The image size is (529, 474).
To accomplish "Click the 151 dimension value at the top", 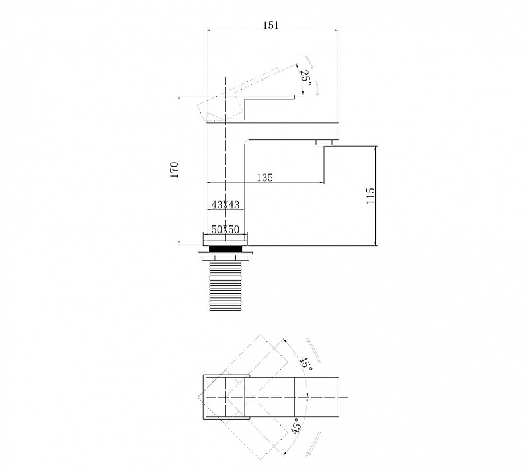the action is coord(271,25).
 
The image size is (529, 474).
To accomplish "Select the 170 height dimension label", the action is coord(174,170).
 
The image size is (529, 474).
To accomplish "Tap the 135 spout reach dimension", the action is coord(265,177).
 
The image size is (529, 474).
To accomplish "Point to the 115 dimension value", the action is coord(370,196).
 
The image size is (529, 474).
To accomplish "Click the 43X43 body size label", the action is coord(225,204).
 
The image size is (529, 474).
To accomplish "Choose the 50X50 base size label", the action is coord(225,230).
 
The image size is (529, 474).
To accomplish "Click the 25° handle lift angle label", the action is coord(306,77).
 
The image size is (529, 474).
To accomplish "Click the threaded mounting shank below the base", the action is coord(225,286).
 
